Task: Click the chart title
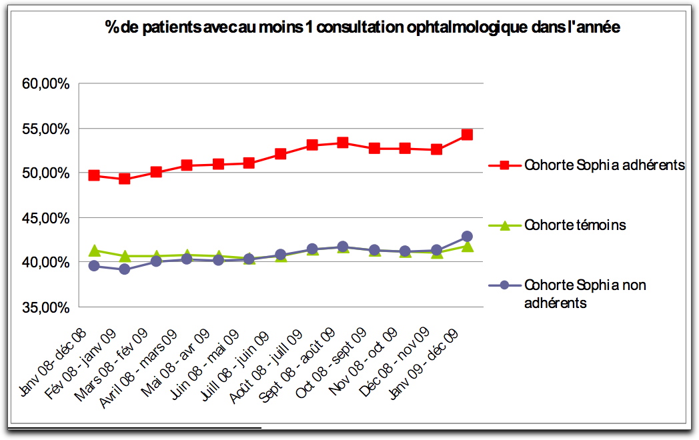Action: pyautogui.click(x=362, y=27)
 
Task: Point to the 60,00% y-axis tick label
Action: pyautogui.click(x=46, y=84)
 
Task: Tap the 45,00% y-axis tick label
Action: pyautogui.click(x=46, y=219)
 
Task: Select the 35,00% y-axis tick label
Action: pyautogui.click(x=46, y=307)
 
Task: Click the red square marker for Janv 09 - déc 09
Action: pyautogui.click(x=467, y=135)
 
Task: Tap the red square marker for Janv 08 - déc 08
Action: pyautogui.click(x=93, y=175)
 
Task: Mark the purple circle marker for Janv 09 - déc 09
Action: pyautogui.click(x=467, y=236)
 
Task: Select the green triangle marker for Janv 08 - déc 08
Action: pyautogui.click(x=94, y=251)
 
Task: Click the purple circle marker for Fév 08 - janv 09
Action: pyautogui.click(x=124, y=269)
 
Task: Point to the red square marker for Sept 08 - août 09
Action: pyautogui.click(x=342, y=143)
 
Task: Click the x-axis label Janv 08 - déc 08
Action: pyautogui.click(x=53, y=363)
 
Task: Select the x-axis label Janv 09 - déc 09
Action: pyautogui.click(x=424, y=364)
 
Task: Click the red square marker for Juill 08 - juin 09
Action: pyautogui.click(x=280, y=154)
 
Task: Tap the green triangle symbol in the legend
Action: pyautogui.click(x=505, y=225)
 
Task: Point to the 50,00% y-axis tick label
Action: pyautogui.click(x=46, y=173)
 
